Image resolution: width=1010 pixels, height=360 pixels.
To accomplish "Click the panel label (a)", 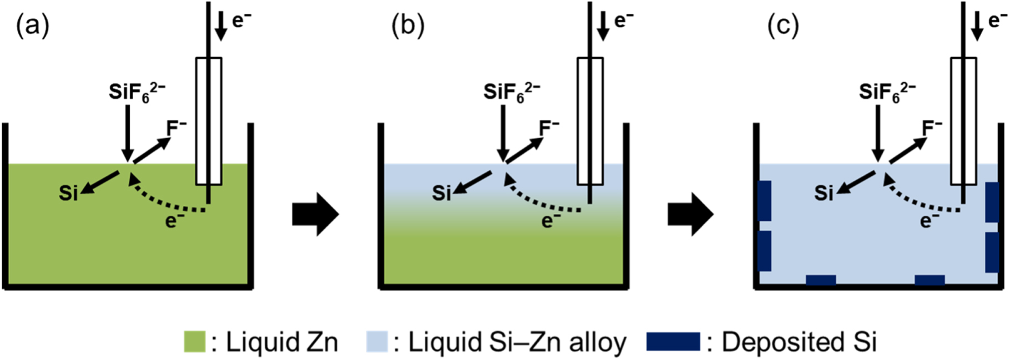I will (33, 26).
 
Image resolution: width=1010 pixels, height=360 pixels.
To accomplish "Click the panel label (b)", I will (408, 26).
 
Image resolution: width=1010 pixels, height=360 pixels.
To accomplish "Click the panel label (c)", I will (783, 26).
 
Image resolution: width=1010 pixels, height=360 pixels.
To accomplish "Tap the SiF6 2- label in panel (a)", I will (137, 92).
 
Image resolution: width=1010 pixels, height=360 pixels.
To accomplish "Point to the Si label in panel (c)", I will (824, 193).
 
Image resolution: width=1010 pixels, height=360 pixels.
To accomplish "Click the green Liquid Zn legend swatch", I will (195, 342).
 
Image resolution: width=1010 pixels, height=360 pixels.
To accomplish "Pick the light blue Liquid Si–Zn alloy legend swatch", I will (377, 342).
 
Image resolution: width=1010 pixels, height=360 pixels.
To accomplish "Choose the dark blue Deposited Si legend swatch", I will (673, 342).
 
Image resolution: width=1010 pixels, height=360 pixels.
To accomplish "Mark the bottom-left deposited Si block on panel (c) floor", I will (821, 280).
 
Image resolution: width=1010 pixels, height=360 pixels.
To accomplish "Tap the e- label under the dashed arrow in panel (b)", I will (550, 221).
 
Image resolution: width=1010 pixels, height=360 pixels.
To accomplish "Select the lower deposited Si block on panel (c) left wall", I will (764, 251).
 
